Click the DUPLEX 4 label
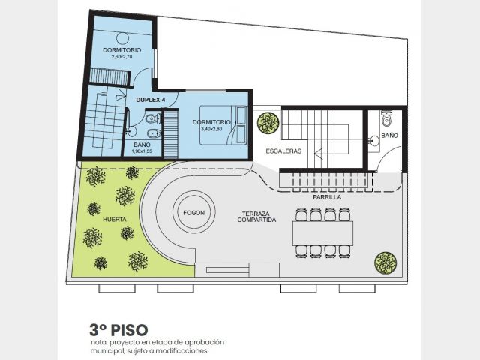click(151, 100)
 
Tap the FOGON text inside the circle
click(194, 213)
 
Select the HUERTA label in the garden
click(115, 220)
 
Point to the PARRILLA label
click(327, 197)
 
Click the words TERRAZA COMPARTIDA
click(256, 217)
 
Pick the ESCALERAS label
click(283, 151)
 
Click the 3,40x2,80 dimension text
click(211, 129)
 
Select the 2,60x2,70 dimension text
click(121, 57)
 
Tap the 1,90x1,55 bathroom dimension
click(142, 151)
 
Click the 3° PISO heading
click(118, 330)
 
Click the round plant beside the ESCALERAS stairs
click(268, 123)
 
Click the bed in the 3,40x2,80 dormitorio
click(223, 125)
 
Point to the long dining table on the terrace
click(323, 233)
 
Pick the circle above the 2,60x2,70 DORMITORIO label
click(123, 38)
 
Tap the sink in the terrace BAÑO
click(374, 141)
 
